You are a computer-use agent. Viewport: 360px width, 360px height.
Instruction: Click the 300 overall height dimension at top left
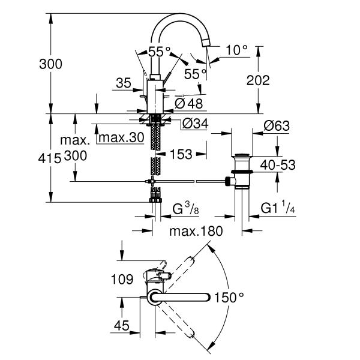(x=50, y=64)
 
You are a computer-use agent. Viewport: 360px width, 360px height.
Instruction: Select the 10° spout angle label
(x=236, y=50)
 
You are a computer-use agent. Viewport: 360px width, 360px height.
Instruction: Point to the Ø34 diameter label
(x=193, y=124)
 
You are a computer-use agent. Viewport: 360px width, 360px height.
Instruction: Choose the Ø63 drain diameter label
(x=276, y=126)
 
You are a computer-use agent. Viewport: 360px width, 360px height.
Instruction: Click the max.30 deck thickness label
(x=121, y=138)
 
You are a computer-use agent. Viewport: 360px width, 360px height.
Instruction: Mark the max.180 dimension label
(x=196, y=231)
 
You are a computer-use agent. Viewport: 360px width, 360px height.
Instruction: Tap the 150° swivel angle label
(x=230, y=297)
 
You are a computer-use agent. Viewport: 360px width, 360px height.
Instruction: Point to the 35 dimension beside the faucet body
(x=123, y=83)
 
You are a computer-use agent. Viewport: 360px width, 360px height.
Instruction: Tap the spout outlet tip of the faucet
(x=206, y=43)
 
